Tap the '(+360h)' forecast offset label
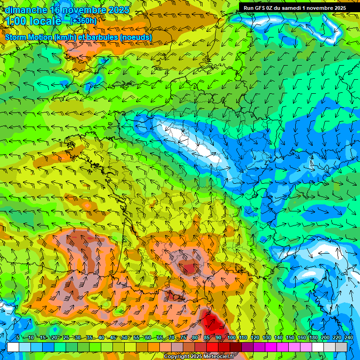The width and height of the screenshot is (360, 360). pyautogui.click(x=83, y=21)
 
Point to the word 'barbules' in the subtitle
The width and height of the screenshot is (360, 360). pyautogui.click(x=105, y=37)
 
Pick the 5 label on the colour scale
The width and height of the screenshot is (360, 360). pyautogui.click(x=18, y=338)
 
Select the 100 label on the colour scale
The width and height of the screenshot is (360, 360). pyautogui.click(x=232, y=338)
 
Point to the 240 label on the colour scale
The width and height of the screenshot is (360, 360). pyautogui.click(x=348, y=338)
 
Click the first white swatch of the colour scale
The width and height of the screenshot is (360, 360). pyautogui.click(x=13, y=347)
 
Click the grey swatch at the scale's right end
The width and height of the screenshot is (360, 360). pyautogui.click(x=341, y=347)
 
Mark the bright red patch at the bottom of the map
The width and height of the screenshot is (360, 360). pyautogui.click(x=213, y=323)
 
